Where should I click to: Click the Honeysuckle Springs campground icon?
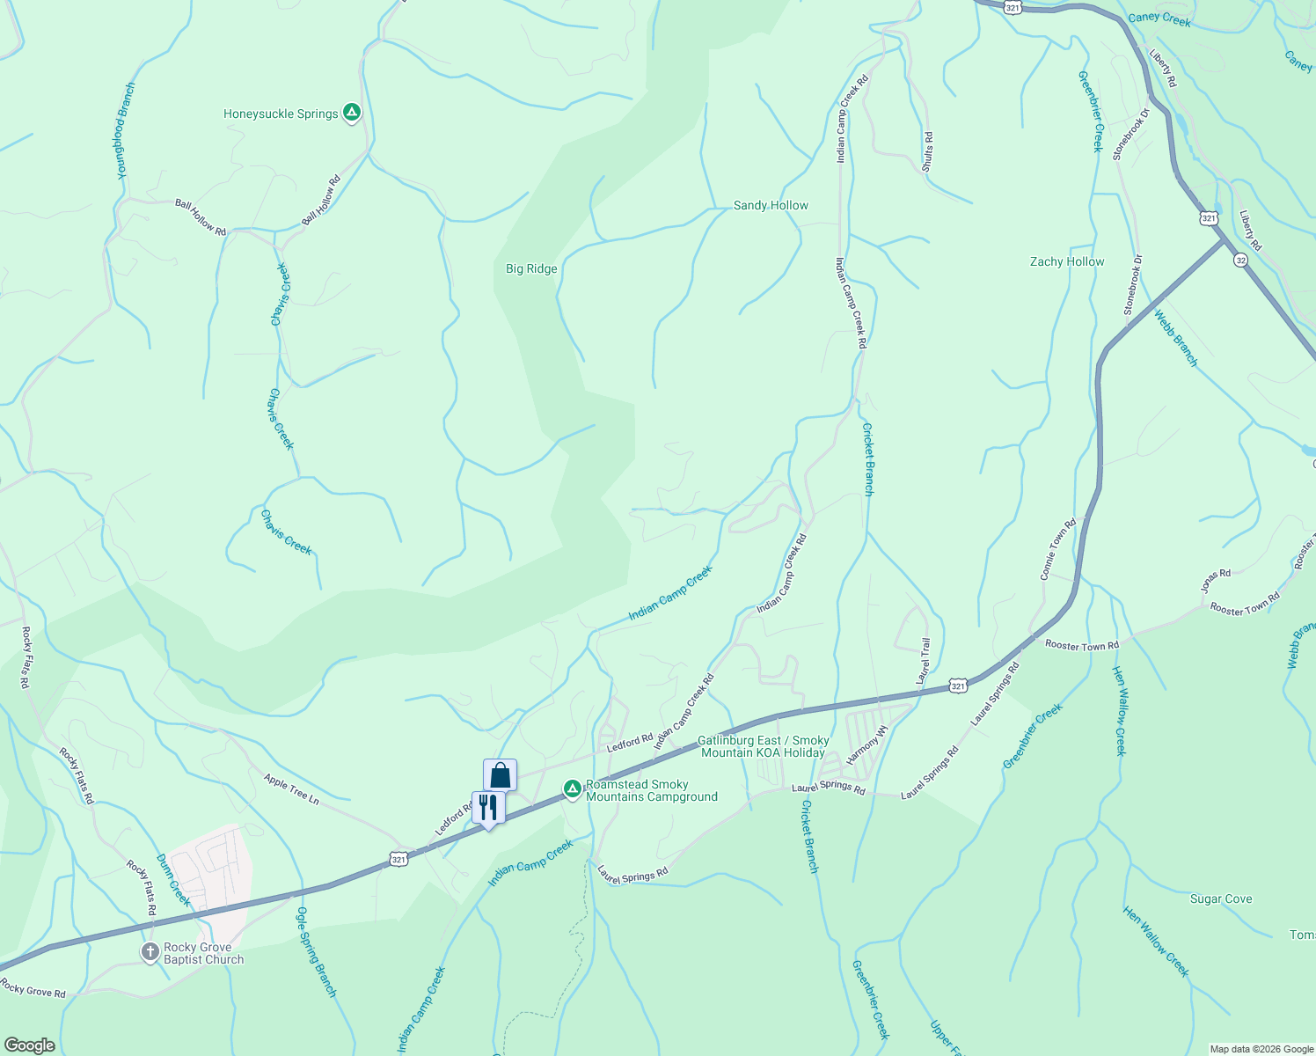click(x=351, y=113)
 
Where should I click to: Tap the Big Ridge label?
click(x=531, y=268)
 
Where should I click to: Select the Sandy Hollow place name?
click(x=771, y=205)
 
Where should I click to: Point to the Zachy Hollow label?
click(x=1067, y=261)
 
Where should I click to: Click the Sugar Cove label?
click(x=1220, y=898)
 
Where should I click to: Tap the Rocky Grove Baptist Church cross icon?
click(x=151, y=952)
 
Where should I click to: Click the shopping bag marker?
click(x=500, y=775)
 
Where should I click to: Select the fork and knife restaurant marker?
click(x=488, y=807)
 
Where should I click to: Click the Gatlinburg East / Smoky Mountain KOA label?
click(x=763, y=746)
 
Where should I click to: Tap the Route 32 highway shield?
click(x=1239, y=260)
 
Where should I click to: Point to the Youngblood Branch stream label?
click(x=127, y=131)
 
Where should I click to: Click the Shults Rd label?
click(x=928, y=151)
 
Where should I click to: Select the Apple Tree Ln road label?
click(x=291, y=788)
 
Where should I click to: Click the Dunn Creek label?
click(x=172, y=879)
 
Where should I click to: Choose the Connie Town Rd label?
click(x=1058, y=550)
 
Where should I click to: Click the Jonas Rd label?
click(x=1216, y=581)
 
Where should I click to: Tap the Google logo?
click(x=29, y=1045)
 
